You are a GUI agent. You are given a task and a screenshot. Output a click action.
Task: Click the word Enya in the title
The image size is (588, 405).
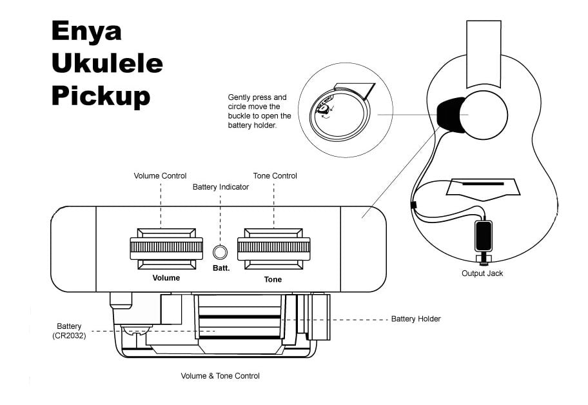click(x=86, y=31)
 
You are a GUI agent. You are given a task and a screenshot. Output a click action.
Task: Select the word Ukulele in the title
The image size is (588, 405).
click(x=107, y=64)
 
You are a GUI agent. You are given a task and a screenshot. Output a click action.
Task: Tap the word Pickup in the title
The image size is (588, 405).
click(x=101, y=96)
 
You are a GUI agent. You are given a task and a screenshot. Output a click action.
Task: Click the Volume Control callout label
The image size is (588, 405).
click(x=160, y=176)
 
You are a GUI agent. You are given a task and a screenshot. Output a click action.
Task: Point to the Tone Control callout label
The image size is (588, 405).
click(x=274, y=176)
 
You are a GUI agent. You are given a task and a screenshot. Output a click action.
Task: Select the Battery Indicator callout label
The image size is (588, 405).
click(x=220, y=187)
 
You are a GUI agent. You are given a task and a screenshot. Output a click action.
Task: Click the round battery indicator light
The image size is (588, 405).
click(x=220, y=252)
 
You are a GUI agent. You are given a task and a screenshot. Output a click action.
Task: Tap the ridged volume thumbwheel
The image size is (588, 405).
click(x=166, y=247)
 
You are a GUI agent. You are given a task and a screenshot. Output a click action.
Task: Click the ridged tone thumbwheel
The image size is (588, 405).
click(x=273, y=247)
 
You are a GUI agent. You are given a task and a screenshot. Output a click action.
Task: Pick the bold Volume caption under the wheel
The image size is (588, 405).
click(x=166, y=278)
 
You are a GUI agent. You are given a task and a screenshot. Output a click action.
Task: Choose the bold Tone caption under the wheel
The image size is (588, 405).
click(x=273, y=280)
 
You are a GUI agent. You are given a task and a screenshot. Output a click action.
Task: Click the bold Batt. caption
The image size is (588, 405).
click(x=221, y=268)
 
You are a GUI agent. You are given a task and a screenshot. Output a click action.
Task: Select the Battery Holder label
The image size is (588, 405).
click(x=416, y=319)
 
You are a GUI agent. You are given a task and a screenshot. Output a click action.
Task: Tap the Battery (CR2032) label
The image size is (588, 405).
click(x=69, y=331)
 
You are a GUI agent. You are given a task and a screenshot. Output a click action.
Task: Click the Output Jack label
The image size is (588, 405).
click(x=482, y=273)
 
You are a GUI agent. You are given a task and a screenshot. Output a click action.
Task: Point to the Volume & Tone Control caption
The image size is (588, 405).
click(x=220, y=375)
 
